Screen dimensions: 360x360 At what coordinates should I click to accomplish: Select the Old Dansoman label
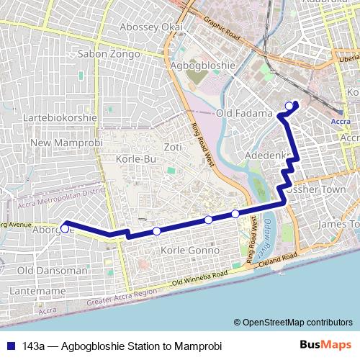pos(48,270)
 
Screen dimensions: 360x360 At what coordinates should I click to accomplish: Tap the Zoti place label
pos(172,147)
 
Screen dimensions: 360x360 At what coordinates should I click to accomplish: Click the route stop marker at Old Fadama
pos(289,107)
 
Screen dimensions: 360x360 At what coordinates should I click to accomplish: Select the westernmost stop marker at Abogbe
pos(65,228)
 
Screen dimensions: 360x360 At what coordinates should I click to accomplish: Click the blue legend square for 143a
pos(9,346)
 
